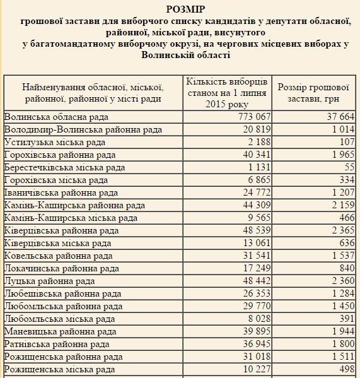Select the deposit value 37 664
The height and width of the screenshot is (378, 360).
tap(335, 117)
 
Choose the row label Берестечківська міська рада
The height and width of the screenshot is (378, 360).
tap(64, 168)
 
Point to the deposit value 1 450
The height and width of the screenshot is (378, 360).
tap(338, 306)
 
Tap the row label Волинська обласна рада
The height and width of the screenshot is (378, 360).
tap(56, 117)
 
